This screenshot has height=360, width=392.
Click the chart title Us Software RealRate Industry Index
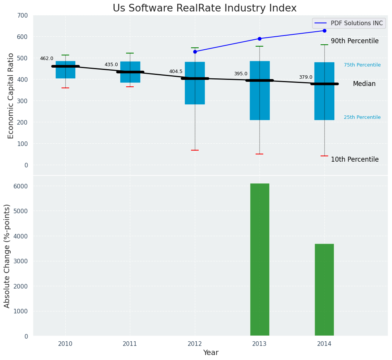click(204, 8)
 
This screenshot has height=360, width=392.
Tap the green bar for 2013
click(260, 259)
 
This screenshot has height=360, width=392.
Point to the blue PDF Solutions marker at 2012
click(195, 52)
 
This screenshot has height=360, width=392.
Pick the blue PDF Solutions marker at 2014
click(324, 31)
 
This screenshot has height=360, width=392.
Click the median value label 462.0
click(47, 58)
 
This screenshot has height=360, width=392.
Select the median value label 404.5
click(176, 71)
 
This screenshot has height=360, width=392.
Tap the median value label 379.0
click(305, 77)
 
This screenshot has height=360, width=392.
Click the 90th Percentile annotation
click(355, 41)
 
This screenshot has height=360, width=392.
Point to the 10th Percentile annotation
click(355, 159)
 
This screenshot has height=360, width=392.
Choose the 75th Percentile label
click(362, 65)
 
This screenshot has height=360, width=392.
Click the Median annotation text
click(364, 84)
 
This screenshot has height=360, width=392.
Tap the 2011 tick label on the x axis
click(130, 344)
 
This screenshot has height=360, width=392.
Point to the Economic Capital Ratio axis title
click(11, 96)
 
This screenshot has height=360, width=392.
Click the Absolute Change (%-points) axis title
click(7, 256)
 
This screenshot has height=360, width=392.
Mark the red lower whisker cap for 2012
click(195, 150)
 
